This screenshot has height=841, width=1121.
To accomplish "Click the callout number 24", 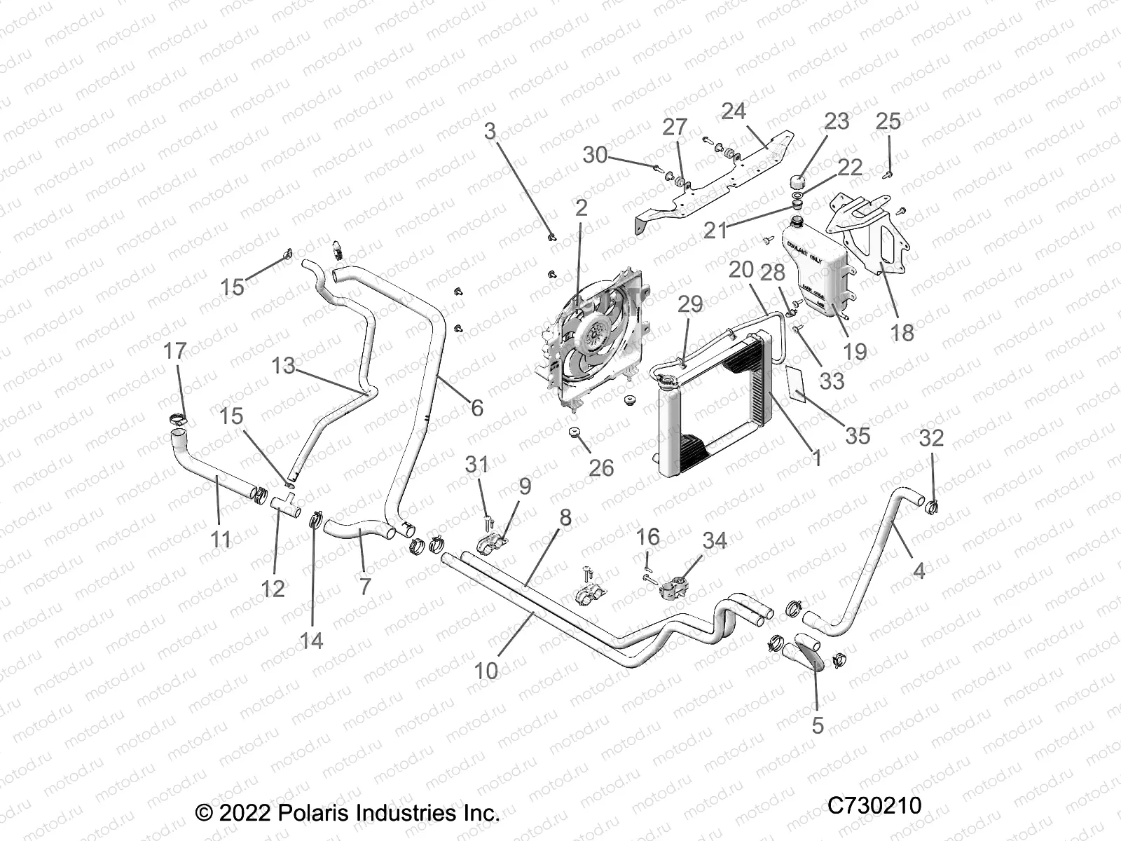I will [734, 111].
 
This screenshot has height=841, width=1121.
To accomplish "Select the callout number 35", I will [858, 435].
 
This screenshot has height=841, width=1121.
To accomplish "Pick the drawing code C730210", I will [874, 805].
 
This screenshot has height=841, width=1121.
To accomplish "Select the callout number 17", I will [175, 350].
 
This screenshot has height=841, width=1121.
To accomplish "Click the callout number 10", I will [486, 670].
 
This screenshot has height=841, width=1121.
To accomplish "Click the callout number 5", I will [818, 725].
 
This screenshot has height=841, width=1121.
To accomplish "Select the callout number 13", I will [284, 365].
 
